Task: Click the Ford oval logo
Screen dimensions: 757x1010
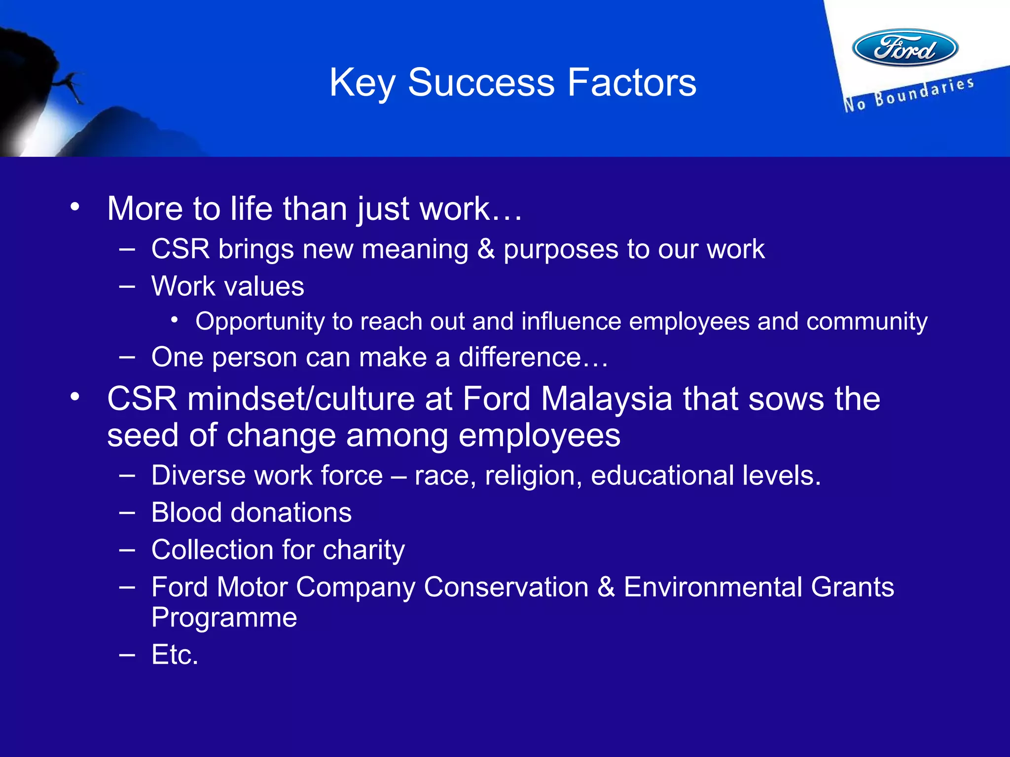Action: pos(905,48)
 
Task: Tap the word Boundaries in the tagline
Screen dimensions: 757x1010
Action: pos(924,92)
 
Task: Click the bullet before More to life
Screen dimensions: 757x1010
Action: pos(74,207)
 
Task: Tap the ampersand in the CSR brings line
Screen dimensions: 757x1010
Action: pos(486,249)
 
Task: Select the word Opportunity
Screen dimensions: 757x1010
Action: pos(259,322)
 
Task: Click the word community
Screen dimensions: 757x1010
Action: pos(866,322)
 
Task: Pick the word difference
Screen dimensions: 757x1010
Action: pos(520,357)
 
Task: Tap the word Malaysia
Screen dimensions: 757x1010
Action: pos(607,398)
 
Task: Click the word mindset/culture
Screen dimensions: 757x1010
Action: pos(301,398)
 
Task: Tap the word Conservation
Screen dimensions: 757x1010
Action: pos(506,587)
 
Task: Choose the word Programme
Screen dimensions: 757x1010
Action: pos(224,618)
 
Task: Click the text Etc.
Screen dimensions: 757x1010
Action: pos(175,654)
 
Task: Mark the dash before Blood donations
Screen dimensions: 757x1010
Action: pos(127,513)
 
